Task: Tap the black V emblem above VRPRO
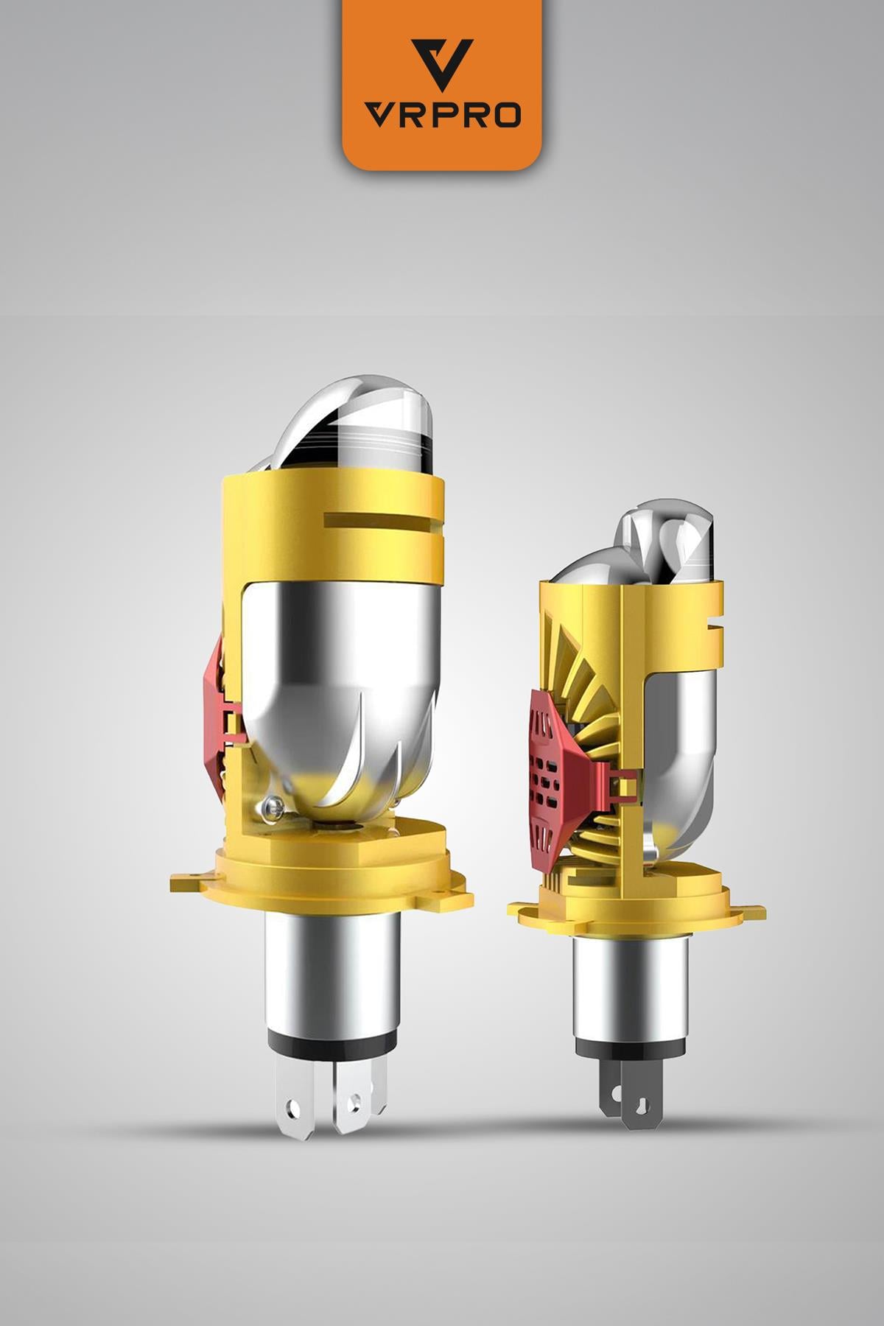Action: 442,63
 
